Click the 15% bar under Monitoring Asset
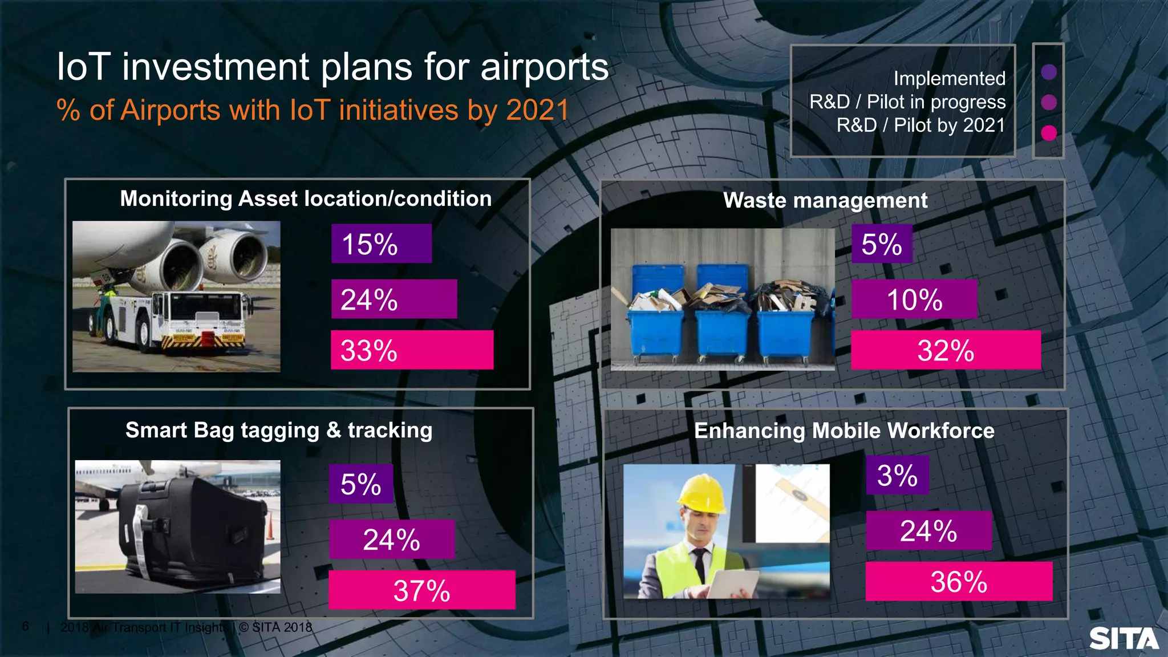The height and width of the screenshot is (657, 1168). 381,244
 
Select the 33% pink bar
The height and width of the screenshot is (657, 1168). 412,350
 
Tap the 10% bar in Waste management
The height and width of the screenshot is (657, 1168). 914,299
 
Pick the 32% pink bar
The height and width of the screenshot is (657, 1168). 945,350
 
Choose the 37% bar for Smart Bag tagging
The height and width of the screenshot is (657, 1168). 421,590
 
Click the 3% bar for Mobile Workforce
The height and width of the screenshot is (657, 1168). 897,475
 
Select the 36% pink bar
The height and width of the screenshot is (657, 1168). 958,581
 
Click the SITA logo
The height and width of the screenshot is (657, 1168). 1123,639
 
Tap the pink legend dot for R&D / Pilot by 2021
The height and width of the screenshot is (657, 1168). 1048,133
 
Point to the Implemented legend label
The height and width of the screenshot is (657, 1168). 949,78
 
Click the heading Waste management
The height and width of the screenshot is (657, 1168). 825,200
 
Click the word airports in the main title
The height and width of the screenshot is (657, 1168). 544,67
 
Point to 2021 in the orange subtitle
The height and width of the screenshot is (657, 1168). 537,110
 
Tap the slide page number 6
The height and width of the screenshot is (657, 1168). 25,626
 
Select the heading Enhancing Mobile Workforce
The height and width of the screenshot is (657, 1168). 843,431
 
